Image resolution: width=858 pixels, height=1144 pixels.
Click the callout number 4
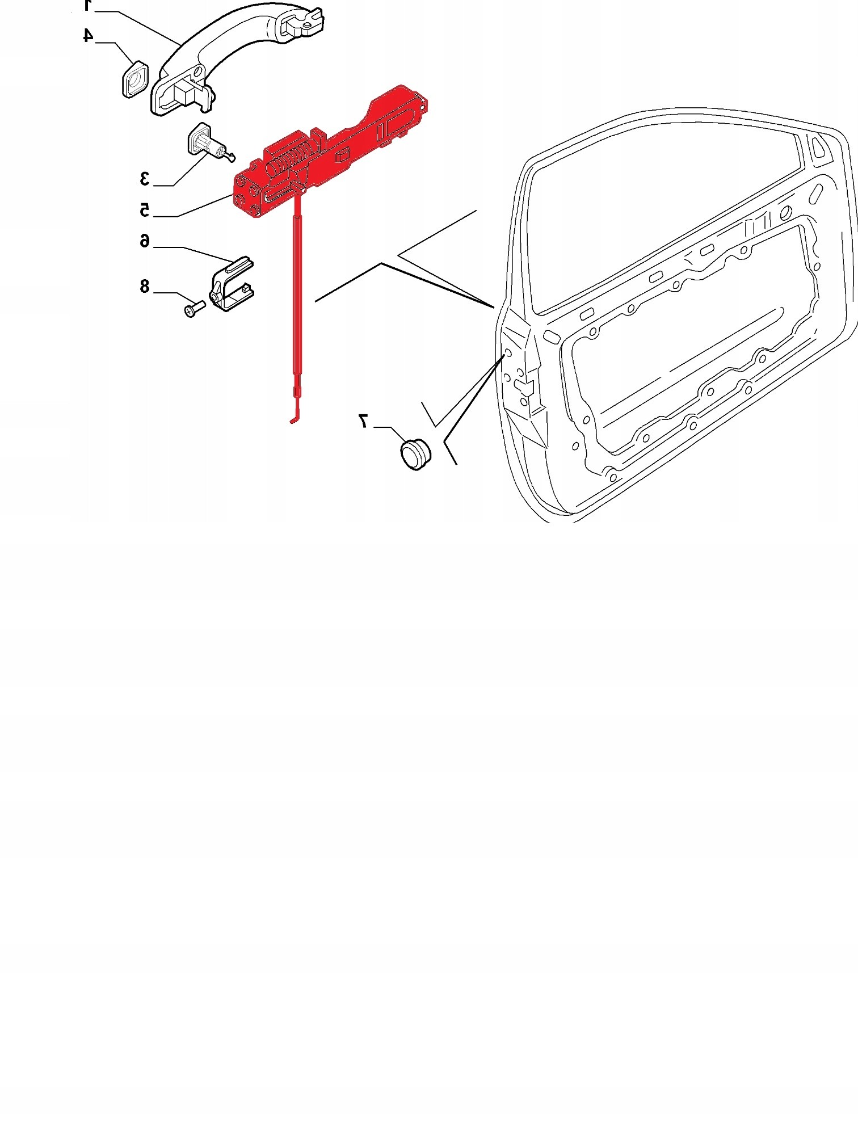88,35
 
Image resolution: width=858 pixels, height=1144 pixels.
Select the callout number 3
145,178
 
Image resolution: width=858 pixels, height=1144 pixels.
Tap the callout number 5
145,209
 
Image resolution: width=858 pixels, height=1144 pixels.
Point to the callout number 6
145,241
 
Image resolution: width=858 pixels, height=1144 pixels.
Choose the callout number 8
145,286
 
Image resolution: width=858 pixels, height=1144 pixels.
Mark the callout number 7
363,420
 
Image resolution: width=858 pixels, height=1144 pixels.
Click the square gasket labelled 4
135,79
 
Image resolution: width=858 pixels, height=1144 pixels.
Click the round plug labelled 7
415,454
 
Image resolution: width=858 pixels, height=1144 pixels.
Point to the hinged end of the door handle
301,23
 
